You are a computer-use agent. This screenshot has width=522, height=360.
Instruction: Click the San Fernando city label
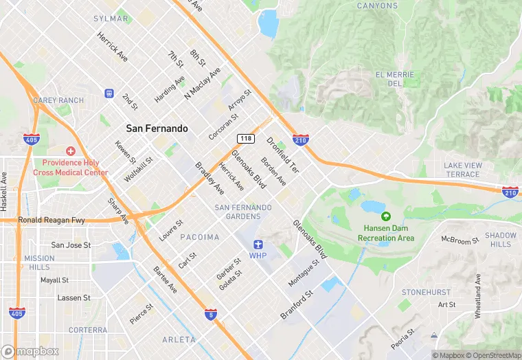157,128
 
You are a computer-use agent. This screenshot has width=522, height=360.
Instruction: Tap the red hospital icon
70,151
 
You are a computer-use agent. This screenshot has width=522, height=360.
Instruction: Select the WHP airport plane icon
258,244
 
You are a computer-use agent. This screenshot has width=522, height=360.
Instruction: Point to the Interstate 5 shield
211,314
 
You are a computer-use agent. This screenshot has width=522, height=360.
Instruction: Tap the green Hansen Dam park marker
385,217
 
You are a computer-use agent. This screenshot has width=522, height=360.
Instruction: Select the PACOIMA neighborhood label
200,237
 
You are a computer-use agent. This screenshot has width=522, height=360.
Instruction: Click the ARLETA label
179,339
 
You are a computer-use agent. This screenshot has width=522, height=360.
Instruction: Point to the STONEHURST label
426,292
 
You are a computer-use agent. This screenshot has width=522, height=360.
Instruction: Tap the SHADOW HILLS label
501,240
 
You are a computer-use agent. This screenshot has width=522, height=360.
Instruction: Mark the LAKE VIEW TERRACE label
463,170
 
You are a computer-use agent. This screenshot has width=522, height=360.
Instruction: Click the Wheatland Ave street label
478,291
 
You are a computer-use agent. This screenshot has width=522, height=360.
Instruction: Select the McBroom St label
459,240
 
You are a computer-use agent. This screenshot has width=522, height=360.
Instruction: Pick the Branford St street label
297,305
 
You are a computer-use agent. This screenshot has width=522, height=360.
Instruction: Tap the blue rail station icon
109,93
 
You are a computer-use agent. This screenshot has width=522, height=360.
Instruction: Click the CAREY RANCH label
58,100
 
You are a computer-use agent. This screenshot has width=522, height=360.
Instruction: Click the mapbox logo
30,351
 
